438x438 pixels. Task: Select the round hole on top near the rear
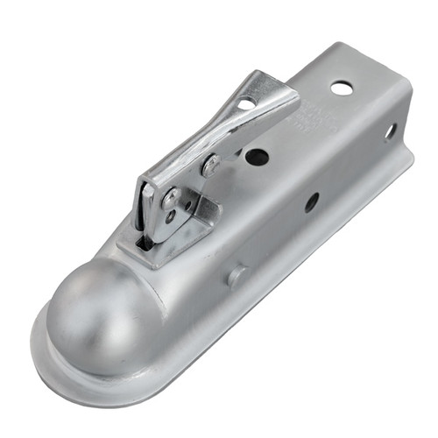coord(343,88)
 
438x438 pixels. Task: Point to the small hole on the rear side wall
coord(390,131)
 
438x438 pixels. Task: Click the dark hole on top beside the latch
coord(257,158)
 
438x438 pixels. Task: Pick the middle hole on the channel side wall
coord(312,202)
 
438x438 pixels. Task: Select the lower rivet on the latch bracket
coord(172,200)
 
